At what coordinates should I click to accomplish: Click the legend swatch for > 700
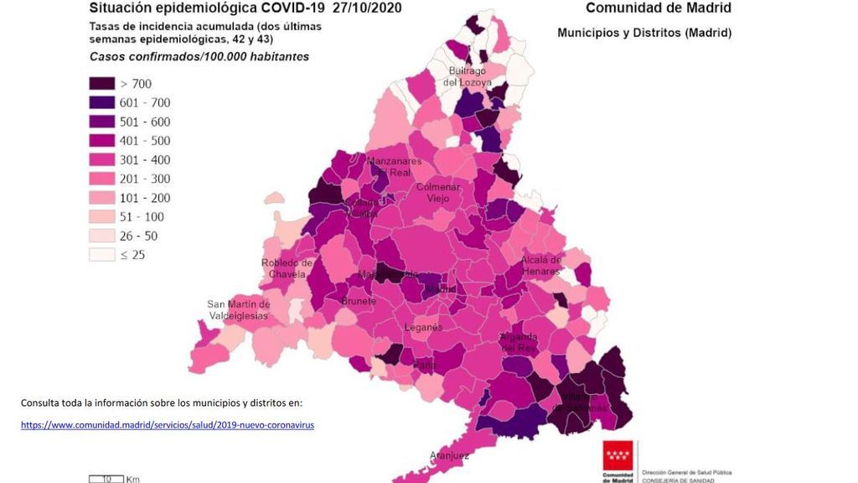[102, 84]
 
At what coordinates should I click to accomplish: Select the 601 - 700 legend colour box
[102, 102]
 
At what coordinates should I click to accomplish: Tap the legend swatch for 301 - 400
[102, 159]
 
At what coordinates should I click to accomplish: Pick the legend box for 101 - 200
[102, 197]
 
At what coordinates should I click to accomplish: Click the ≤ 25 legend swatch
[102, 254]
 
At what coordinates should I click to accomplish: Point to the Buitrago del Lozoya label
[466, 76]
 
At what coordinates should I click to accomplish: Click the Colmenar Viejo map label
[438, 193]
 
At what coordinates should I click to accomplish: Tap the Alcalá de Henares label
[541, 265]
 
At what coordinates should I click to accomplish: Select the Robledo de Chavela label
[287, 268]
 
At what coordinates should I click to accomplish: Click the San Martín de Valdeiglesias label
[239, 309]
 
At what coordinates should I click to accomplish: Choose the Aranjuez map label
[448, 455]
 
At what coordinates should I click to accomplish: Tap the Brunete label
[358, 300]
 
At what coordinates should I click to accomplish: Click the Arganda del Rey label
[518, 342]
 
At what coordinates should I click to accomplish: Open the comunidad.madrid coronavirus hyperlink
[168, 425]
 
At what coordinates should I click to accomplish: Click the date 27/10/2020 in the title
[366, 8]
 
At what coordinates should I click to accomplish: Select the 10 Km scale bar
[107, 478]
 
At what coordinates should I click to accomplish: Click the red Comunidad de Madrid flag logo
[619, 458]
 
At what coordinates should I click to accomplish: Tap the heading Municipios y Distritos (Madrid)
[644, 33]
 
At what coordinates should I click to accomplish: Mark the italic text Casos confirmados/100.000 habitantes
[199, 57]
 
